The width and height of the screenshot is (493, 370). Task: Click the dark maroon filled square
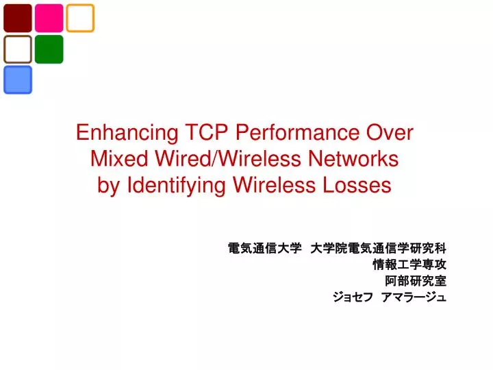pos(18,18)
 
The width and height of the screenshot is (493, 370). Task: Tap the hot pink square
pos(49,18)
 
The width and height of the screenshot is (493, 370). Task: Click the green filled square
pos(49,49)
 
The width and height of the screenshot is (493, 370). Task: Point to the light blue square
pos(18,80)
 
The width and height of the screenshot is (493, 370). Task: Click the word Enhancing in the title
pos(127,133)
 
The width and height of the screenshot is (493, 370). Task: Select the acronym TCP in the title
pos(206,132)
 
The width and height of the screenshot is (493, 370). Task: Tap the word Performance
pos(297,132)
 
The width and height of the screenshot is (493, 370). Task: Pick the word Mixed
pos(119,158)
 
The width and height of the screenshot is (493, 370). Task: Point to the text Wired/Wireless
pos(228,158)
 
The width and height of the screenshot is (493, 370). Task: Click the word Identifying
pos(176,186)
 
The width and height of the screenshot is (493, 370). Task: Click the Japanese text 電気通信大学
pos(265,249)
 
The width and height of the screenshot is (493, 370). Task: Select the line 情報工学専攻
pos(409,264)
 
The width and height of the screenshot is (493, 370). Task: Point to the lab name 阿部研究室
pos(416,281)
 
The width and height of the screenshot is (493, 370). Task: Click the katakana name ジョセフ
pos(353,297)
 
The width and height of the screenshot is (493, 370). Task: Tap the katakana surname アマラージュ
pos(414,297)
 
